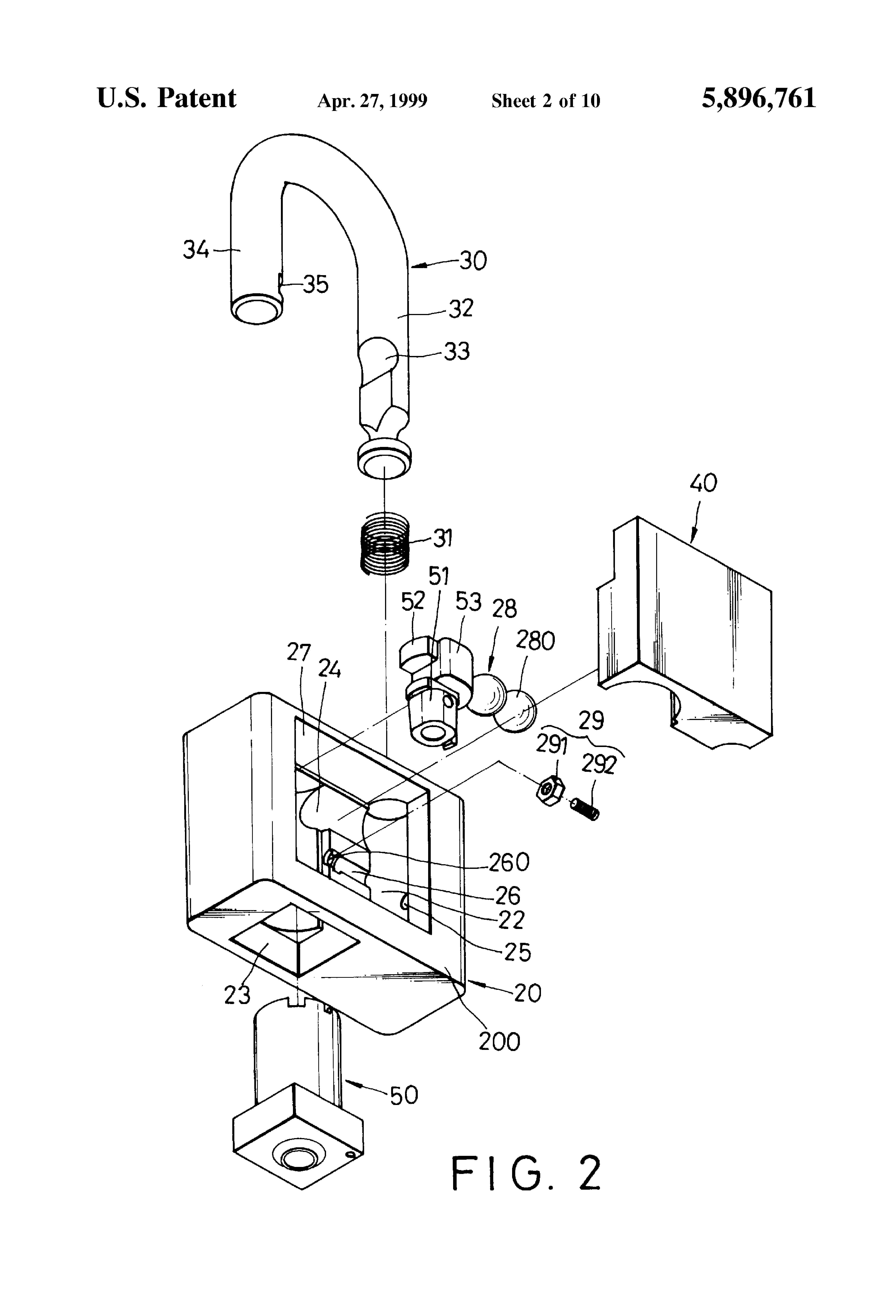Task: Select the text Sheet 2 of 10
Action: pos(545,101)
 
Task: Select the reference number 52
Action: pos(413,601)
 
